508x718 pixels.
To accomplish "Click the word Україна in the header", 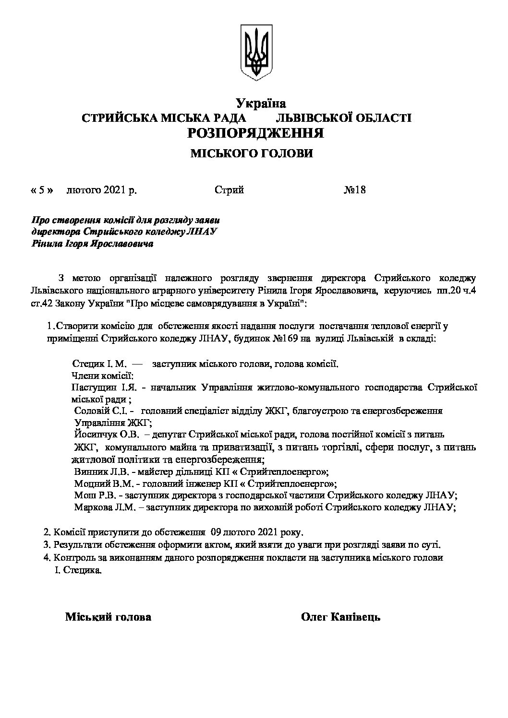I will coord(261,103).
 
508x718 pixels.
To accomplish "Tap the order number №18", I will coord(355,190).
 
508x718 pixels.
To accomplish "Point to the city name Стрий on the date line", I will coord(230,190).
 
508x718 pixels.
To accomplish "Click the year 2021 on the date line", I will coord(114,190).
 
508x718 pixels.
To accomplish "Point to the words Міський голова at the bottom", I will coord(108,617).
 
